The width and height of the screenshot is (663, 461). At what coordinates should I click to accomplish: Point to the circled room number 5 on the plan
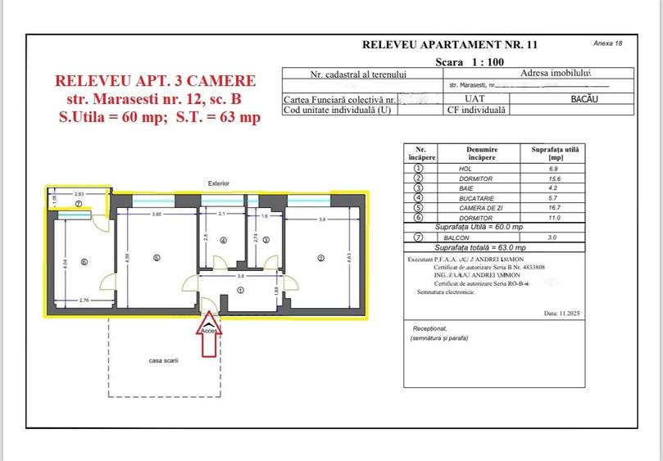156,259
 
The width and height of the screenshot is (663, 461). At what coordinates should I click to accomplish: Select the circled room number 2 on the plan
320,259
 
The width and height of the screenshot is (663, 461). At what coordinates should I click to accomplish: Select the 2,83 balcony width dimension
79,193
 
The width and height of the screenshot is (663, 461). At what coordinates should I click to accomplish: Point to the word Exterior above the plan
218,183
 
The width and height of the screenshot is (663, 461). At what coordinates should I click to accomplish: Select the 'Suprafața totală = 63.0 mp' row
479,246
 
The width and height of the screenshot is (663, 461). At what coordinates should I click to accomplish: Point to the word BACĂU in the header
584,98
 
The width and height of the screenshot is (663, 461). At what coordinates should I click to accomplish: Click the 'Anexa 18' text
607,43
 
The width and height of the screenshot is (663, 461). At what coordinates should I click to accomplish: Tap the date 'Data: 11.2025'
561,313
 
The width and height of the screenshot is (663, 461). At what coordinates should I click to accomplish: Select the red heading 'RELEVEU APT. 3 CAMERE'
155,81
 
